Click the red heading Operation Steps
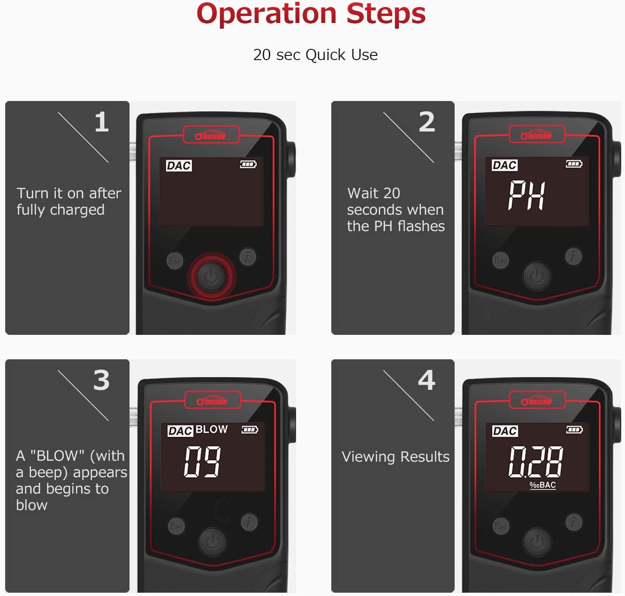pos(311,14)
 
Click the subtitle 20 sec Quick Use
pos(315,55)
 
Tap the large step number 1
pos(102,122)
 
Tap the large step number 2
pos(427,122)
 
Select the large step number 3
pos(101,380)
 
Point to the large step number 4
pos(427,380)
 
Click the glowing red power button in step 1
pos(212,276)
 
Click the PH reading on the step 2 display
pos(527,195)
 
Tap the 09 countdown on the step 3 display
pos(202,461)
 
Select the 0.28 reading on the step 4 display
pos(536,462)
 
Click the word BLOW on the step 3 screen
pos(212,429)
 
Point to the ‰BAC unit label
pos(543,485)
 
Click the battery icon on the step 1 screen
pos(248,164)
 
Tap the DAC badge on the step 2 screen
pos(504,165)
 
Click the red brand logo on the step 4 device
pos(537,401)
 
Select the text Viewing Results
pos(396,457)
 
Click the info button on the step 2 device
pos(573,256)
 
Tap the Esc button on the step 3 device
pos(176,526)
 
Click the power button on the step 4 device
pos(537,542)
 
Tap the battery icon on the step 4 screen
pos(574,430)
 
